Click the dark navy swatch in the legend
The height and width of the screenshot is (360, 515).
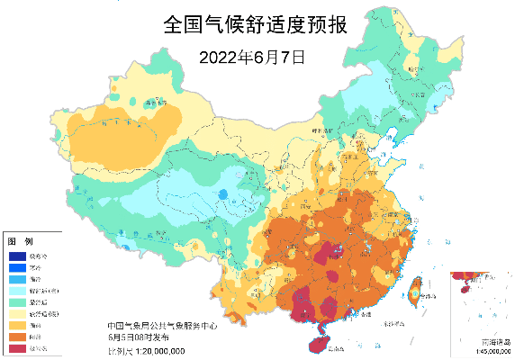18,256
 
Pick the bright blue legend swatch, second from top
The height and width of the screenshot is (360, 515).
18,267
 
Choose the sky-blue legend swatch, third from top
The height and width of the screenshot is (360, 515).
18,279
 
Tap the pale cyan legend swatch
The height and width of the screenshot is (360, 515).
18,291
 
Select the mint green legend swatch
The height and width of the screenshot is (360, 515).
18,301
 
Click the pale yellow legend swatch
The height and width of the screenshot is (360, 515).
18,313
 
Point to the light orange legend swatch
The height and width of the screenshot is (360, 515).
18,325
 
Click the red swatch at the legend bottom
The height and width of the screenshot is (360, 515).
18,347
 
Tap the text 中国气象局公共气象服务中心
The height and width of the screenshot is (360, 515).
161,326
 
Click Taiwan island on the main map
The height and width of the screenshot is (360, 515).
415,290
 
